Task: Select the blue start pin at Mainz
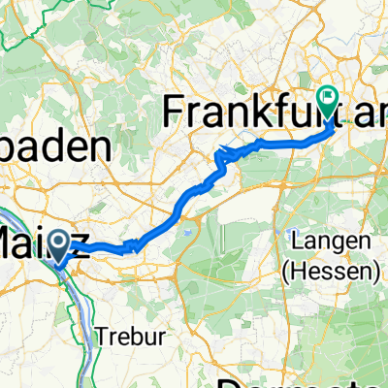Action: (x=59, y=246)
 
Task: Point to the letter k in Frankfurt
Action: (x=262, y=112)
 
